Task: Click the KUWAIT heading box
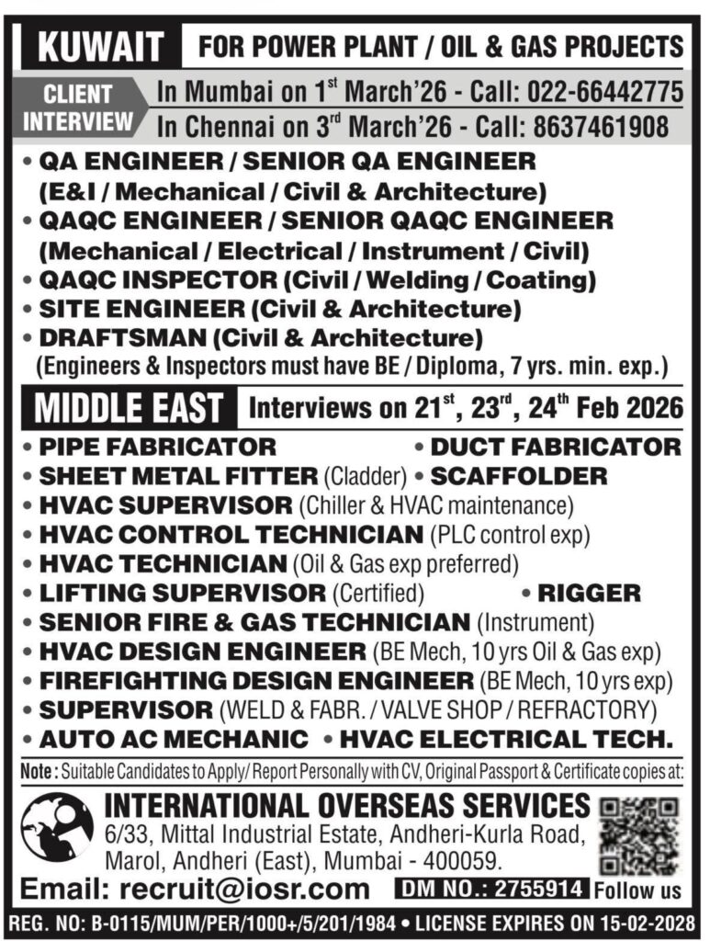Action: pyautogui.click(x=94, y=46)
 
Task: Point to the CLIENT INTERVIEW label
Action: pyautogui.click(x=78, y=108)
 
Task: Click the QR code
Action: pyautogui.click(x=639, y=834)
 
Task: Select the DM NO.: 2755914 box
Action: pyautogui.click(x=491, y=889)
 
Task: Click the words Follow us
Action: pyautogui.click(x=637, y=890)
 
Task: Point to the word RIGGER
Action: pyautogui.click(x=589, y=593)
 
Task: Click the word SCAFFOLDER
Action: pyautogui.click(x=519, y=476)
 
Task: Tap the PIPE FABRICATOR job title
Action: pyautogui.click(x=157, y=448)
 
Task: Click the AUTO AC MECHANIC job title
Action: pyautogui.click(x=174, y=739)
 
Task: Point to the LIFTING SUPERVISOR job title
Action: pyautogui.click(x=182, y=593)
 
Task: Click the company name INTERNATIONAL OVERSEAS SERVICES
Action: pyautogui.click(x=347, y=805)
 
